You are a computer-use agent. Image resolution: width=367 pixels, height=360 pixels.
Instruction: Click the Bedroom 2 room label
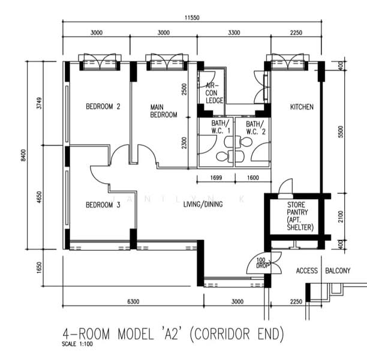103,107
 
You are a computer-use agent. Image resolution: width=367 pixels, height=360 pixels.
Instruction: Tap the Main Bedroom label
164,111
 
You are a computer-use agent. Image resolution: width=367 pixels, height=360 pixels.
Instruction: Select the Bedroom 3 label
103,205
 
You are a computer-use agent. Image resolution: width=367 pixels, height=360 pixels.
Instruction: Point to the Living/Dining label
203,204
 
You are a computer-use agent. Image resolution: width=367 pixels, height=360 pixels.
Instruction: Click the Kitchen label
302,107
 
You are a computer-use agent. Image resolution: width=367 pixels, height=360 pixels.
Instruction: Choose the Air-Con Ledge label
214,93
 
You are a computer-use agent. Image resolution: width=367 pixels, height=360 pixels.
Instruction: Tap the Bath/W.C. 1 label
221,127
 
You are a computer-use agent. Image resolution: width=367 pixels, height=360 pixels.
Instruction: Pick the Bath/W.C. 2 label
255,128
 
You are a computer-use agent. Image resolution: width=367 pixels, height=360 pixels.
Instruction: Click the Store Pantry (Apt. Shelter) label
300,216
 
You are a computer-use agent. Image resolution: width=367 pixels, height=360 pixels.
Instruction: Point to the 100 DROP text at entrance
262,263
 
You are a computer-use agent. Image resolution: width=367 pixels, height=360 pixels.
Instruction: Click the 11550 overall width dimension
192,17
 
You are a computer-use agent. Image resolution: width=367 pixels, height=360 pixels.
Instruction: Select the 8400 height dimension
23,155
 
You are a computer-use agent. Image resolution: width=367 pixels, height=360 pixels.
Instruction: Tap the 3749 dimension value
40,103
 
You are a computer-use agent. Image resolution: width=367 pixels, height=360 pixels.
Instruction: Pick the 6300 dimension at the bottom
133,301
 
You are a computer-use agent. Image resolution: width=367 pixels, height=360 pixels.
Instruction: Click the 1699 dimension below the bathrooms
216,178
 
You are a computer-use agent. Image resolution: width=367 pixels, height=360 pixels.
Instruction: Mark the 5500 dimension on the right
341,131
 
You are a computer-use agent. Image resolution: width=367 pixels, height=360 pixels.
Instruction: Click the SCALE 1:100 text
77,344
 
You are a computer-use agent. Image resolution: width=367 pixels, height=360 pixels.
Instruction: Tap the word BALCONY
338,271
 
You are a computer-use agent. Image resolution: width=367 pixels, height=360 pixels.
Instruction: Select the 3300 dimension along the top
234,32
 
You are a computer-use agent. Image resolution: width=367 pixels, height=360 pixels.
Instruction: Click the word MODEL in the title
136,334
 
